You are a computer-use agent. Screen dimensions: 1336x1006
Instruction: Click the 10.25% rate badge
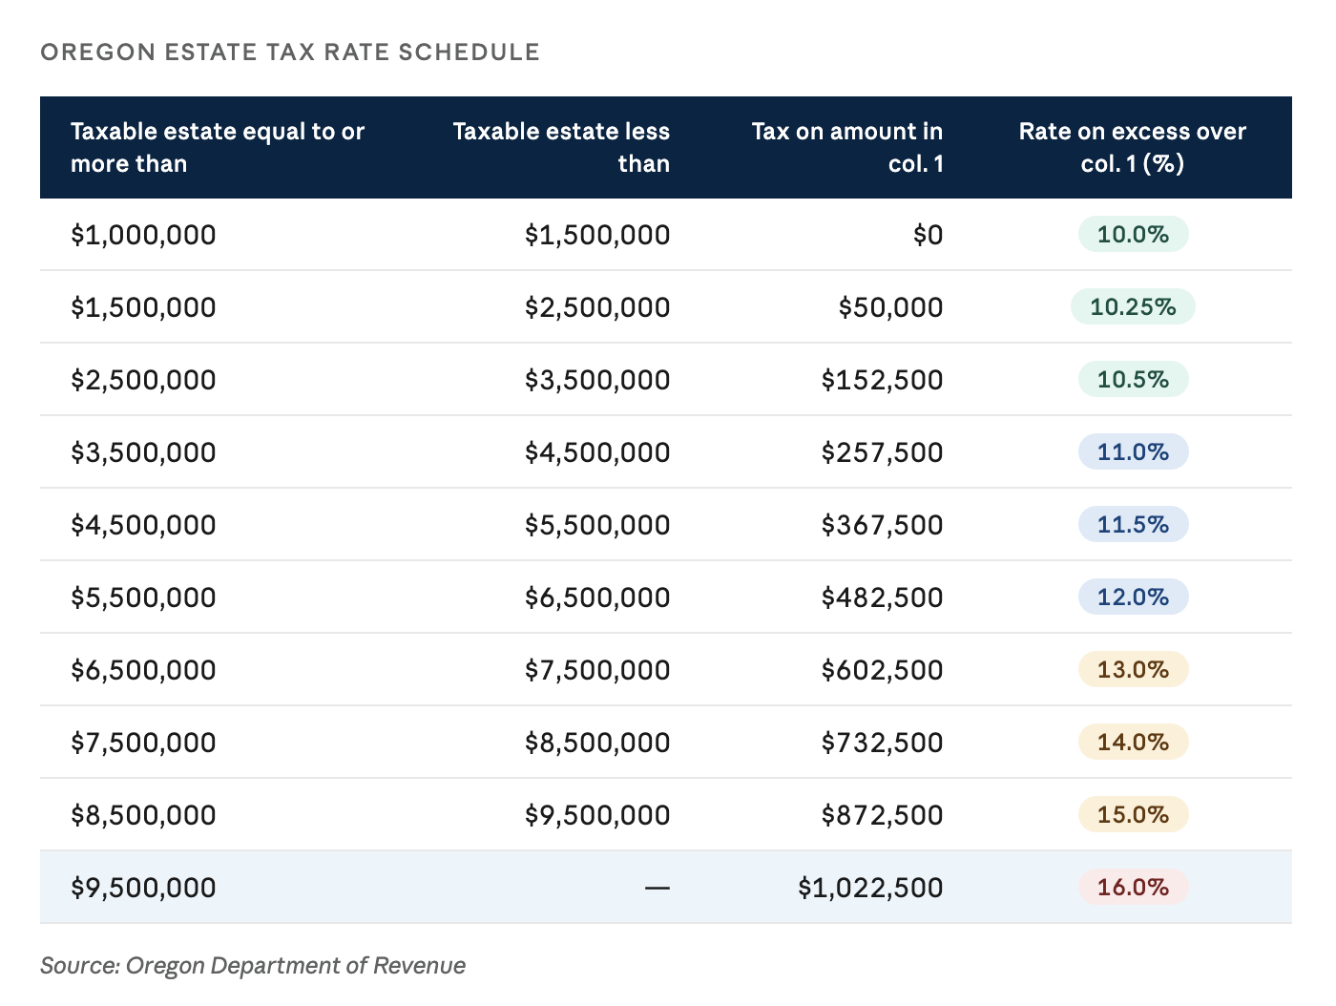(x=1132, y=306)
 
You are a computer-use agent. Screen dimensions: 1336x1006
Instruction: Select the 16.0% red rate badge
(x=1133, y=887)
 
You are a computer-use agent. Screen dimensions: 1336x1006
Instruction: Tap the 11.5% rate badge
(x=1133, y=524)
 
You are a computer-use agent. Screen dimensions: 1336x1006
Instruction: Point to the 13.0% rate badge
(x=1133, y=669)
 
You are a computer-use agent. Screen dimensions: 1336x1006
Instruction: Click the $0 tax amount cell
(x=928, y=235)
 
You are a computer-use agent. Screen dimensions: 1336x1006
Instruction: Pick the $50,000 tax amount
(x=890, y=307)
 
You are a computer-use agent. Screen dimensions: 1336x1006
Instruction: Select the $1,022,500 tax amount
(x=870, y=888)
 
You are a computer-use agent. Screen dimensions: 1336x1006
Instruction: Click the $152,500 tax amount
(x=882, y=380)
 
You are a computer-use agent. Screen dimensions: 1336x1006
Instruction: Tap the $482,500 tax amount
(x=882, y=597)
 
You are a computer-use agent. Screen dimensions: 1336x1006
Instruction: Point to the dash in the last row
(x=658, y=889)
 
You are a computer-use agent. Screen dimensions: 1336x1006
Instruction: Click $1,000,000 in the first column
(x=143, y=235)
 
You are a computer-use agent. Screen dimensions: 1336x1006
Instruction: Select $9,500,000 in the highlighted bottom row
(x=143, y=888)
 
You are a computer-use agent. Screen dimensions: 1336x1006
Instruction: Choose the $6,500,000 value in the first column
(x=143, y=669)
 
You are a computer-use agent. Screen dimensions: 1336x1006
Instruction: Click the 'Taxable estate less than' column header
(x=561, y=147)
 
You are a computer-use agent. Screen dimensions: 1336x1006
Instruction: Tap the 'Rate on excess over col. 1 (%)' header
(x=1132, y=147)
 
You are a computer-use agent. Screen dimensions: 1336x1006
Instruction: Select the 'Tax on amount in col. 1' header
(x=847, y=147)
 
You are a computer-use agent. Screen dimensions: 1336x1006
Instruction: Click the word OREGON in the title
(x=98, y=52)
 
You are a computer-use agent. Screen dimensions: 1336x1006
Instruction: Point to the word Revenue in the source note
(x=419, y=965)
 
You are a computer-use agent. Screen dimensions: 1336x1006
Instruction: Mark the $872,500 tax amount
(x=882, y=815)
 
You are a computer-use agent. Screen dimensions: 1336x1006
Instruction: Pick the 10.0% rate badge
(x=1133, y=234)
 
